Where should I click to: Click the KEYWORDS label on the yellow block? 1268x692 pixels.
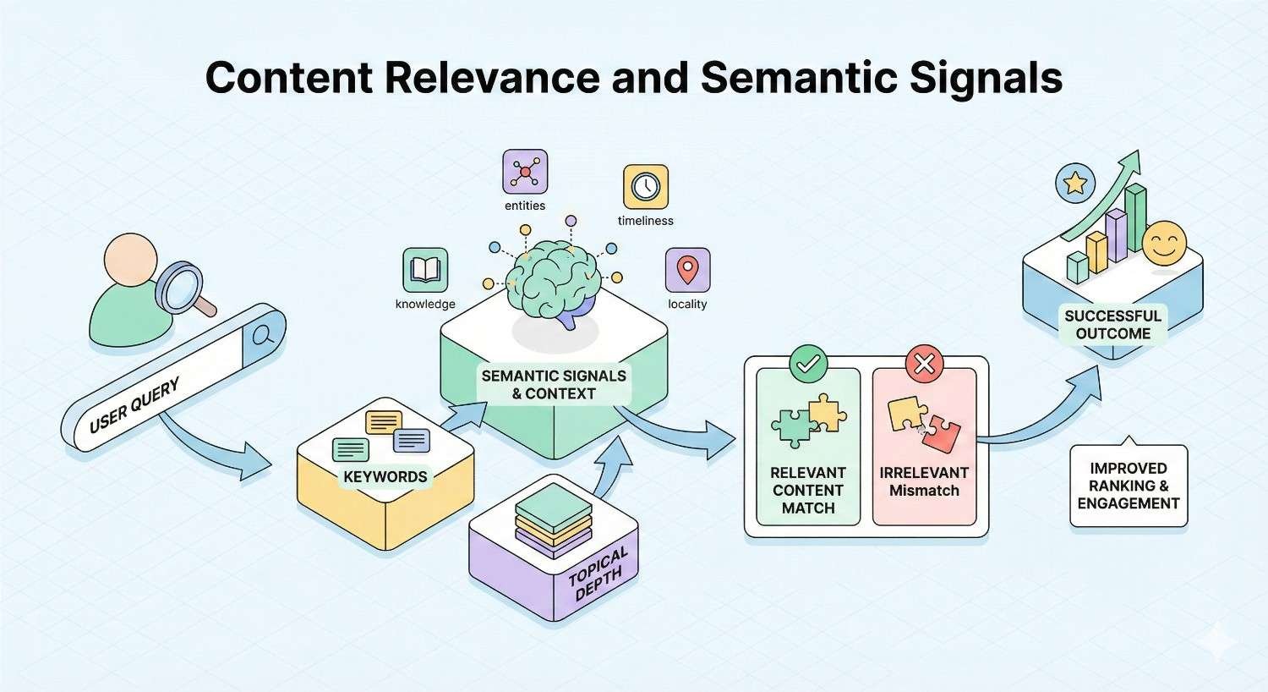[385, 476]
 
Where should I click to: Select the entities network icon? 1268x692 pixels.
[525, 173]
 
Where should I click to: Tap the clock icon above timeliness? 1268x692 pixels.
[645, 187]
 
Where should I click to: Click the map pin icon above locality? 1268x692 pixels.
[687, 270]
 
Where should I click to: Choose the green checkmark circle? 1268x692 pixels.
[808, 364]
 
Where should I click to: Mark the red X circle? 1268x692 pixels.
[924, 364]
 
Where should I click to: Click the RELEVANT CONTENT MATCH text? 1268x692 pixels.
[808, 491]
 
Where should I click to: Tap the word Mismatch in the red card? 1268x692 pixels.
[924, 491]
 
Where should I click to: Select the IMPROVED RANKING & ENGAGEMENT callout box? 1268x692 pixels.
[1128, 486]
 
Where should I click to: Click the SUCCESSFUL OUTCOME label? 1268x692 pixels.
[1112, 325]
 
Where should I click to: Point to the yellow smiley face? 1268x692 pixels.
[1164, 244]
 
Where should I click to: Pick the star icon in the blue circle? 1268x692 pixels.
[1075, 183]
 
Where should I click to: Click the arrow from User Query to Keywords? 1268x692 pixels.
[211, 448]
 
